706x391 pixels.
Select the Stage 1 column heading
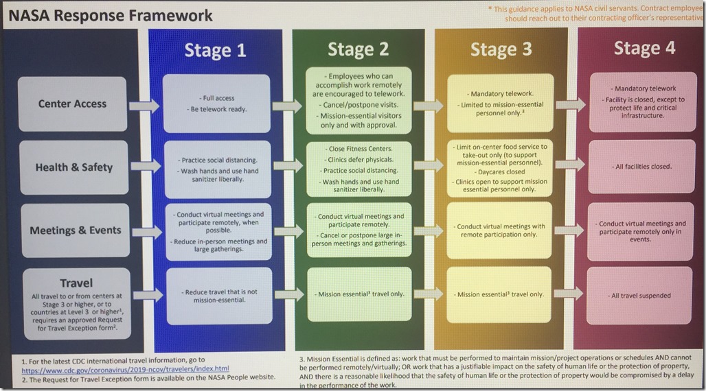click(215, 50)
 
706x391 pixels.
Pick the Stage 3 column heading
click(501, 50)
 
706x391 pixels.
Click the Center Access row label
click(72, 104)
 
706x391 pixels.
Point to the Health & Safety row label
click(73, 167)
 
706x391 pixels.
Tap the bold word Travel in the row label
click(76, 283)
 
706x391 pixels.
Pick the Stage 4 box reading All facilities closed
click(640, 167)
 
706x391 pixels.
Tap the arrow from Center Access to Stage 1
click(145, 105)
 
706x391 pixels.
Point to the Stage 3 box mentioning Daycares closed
click(499, 167)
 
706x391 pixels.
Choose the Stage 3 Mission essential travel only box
click(499, 294)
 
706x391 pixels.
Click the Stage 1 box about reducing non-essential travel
click(215, 296)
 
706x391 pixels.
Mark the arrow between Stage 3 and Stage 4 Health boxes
click(571, 165)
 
